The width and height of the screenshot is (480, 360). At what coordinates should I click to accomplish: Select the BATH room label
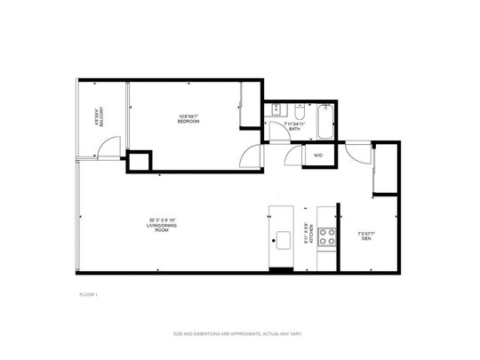coord(294,129)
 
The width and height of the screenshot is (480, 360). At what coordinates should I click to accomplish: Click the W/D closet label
coord(317,156)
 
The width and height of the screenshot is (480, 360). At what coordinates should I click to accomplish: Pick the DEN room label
coord(364,236)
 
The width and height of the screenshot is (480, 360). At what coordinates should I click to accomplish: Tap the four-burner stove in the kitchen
coord(327,236)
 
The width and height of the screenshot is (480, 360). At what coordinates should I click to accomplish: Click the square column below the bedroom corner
coord(139,162)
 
